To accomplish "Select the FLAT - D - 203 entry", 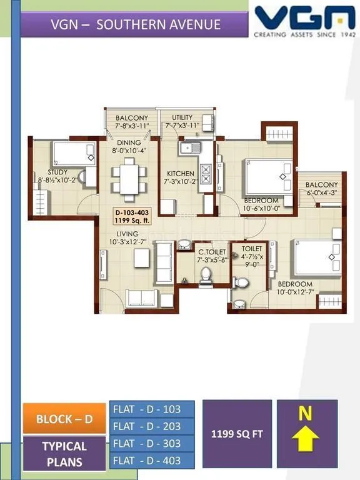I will (x=152, y=426).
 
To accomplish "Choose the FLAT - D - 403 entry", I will (x=152, y=461).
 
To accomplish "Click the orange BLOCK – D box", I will (x=64, y=419).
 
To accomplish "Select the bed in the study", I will (x=73, y=153).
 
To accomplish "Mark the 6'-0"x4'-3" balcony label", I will (x=322, y=189).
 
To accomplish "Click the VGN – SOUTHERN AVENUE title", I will (x=135, y=25).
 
